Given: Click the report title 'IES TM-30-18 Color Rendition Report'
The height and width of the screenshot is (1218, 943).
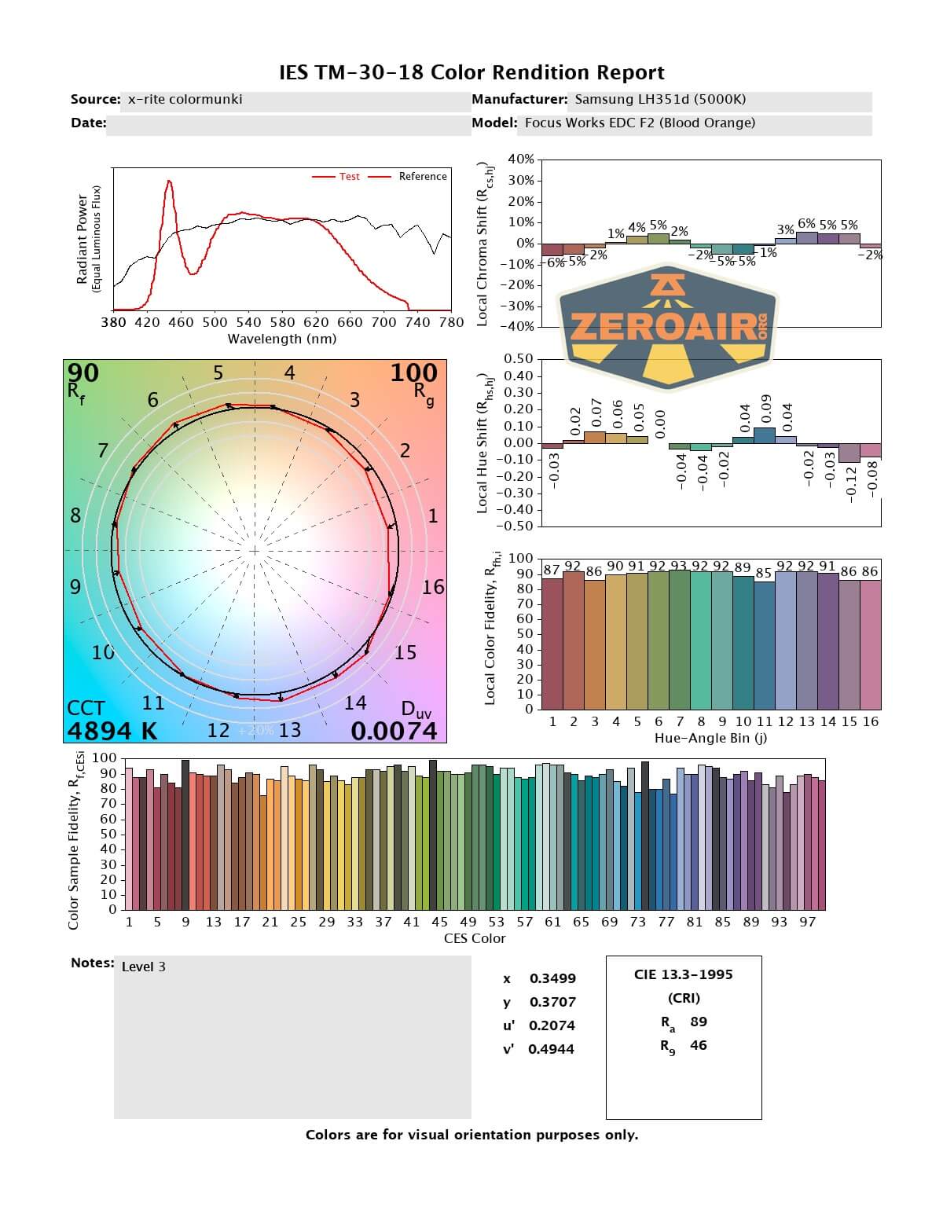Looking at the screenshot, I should pos(472,73).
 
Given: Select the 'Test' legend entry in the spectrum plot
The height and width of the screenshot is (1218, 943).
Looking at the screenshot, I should pos(349,177).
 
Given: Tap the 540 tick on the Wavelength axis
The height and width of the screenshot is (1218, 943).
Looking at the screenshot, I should pos(248,322).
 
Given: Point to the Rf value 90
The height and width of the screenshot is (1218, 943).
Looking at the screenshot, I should pos(83,372).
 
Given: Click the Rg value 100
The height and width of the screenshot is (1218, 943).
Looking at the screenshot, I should pos(413,373).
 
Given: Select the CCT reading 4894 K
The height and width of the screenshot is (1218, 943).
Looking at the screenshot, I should pos(112,731).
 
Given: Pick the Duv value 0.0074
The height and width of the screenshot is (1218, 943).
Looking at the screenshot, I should pos(394,732).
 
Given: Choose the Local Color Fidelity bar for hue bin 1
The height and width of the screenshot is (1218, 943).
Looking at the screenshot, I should pos(552,644).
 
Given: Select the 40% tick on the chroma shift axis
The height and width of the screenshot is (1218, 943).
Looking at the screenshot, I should pos(521,160).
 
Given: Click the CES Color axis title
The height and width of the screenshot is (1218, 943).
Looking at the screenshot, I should pos(475,938).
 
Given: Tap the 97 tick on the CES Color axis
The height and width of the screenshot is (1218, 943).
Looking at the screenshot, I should pos(807,922).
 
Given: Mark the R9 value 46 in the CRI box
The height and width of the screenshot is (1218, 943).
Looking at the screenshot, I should pos(698,1045).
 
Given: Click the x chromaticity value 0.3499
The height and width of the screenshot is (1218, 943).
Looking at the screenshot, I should pos(552,978).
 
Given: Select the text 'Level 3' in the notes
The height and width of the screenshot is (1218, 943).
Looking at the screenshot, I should pos(144,967).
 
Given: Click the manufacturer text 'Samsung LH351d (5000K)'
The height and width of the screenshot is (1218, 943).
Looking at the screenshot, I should pos(660,99).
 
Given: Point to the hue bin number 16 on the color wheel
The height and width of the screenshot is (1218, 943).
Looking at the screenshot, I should pos(433,587).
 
